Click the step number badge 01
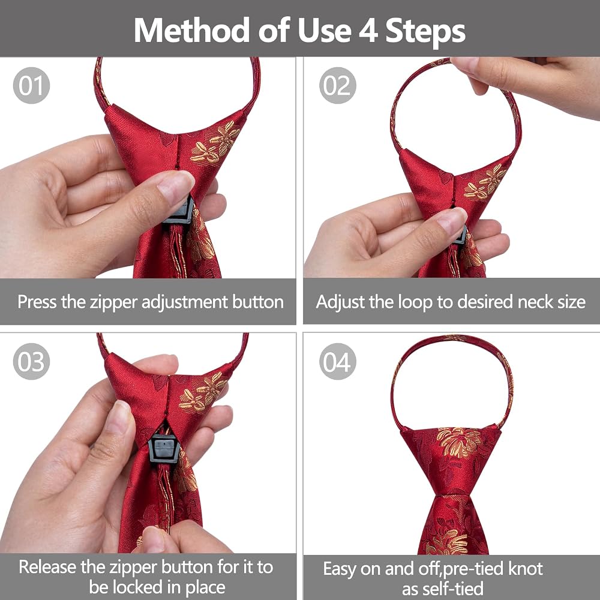coord(31,85)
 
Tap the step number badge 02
coord(337,85)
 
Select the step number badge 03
coord(31,361)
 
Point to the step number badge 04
coord(337,361)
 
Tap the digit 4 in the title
coord(368,31)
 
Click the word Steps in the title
coord(425,32)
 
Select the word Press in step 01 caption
coord(37,302)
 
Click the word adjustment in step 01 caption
coord(185,303)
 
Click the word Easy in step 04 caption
coord(340,569)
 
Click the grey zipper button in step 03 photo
coord(164,448)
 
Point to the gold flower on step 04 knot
coord(458,442)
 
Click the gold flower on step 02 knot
coord(485,182)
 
